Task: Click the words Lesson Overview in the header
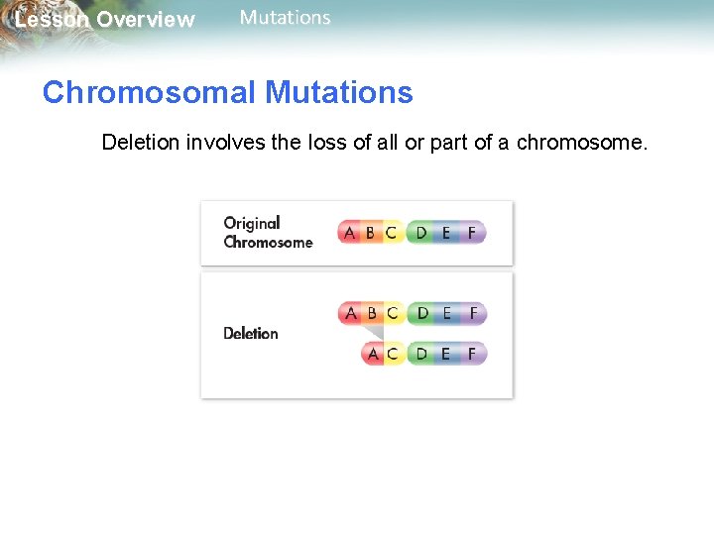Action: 104,20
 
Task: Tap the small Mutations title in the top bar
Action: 286,18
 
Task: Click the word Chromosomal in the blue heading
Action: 149,93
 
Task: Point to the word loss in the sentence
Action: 326,143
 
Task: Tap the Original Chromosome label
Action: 267,233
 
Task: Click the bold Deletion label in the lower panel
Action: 251,334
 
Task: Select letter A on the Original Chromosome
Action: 349,234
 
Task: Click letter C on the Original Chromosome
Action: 391,234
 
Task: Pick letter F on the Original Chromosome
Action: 471,234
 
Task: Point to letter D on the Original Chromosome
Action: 421,234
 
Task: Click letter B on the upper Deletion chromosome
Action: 371,313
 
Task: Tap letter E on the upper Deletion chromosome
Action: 446,313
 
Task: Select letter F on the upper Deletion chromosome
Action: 472,313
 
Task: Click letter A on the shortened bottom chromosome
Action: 373,354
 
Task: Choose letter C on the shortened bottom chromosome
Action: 392,354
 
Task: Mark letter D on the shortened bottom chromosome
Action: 422,354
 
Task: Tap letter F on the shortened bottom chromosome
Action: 472,354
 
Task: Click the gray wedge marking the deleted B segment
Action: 372,333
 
